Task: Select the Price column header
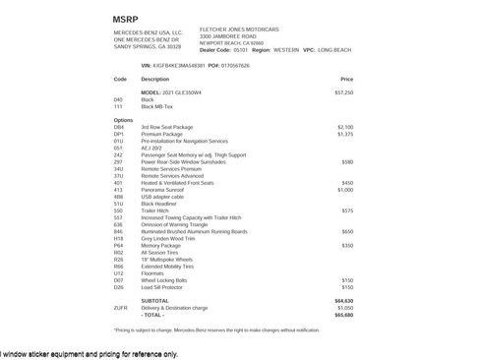click(346, 79)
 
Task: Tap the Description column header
click(155, 79)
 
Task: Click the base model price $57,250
click(344, 92)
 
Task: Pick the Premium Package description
click(162, 134)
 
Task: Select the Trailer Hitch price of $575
click(347, 210)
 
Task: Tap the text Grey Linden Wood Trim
click(168, 238)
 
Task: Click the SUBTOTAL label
click(154, 301)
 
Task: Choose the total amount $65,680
click(343, 315)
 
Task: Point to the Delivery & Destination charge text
click(180, 308)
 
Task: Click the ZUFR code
click(120, 308)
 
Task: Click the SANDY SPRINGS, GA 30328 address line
click(148, 46)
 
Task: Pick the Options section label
click(123, 120)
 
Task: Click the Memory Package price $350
click(347, 245)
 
